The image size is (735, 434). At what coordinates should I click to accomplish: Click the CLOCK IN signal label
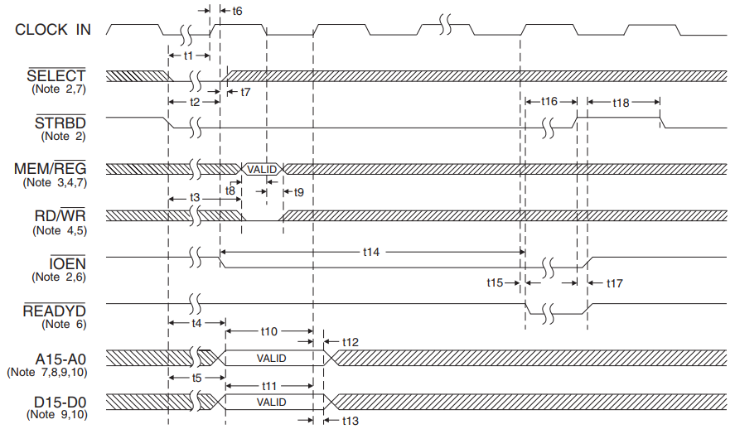click(x=53, y=30)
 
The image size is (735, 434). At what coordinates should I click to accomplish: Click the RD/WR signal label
click(x=57, y=216)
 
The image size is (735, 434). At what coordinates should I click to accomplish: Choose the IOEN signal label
click(x=67, y=263)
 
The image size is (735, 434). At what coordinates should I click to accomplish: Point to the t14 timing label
click(x=372, y=249)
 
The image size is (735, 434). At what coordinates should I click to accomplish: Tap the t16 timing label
click(x=549, y=102)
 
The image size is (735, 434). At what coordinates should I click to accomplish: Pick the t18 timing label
click(x=621, y=103)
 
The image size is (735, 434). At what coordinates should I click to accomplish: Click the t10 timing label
click(x=269, y=331)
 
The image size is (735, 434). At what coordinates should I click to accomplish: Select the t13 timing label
click(x=350, y=422)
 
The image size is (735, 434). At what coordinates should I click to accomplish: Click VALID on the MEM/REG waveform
click(x=261, y=169)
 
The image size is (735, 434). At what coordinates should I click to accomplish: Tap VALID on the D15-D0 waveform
click(x=271, y=403)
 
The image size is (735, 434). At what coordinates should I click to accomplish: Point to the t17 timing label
click(x=614, y=282)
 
